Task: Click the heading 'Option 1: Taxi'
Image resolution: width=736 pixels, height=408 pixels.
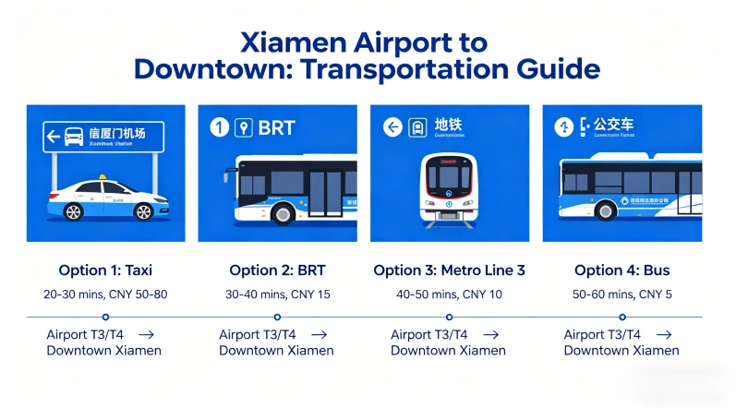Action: coord(105,270)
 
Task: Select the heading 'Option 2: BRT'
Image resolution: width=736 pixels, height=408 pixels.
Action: coord(277,270)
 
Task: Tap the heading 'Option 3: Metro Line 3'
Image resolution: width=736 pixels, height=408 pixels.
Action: coord(449,270)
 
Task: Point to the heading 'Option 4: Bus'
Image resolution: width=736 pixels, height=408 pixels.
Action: coord(621,270)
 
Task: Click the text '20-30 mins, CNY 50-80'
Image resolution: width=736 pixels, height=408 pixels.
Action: coord(105,294)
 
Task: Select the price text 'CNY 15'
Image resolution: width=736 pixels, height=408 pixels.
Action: coord(313,294)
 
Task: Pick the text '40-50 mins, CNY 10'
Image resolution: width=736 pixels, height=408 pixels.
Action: coord(449,294)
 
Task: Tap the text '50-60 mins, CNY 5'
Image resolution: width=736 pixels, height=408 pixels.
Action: coord(621,294)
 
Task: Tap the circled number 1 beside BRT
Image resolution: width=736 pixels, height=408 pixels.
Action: coord(219,127)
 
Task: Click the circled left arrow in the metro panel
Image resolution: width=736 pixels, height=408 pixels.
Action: coord(392,127)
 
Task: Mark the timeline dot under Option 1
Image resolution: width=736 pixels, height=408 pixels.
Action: coord(105,317)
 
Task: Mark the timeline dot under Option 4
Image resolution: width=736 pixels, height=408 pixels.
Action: coord(622,317)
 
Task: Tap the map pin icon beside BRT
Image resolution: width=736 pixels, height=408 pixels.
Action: coord(244,127)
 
